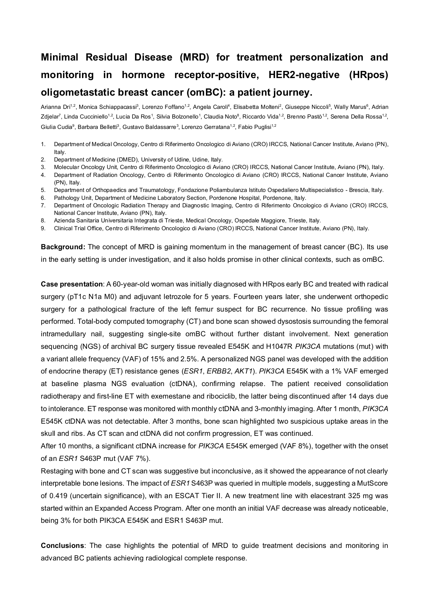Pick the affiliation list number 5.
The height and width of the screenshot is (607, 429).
click(x=43, y=190)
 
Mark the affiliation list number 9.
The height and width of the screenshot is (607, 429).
click(x=43, y=228)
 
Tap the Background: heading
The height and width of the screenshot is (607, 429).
click(x=63, y=247)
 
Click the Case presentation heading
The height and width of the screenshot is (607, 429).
click(x=72, y=284)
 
